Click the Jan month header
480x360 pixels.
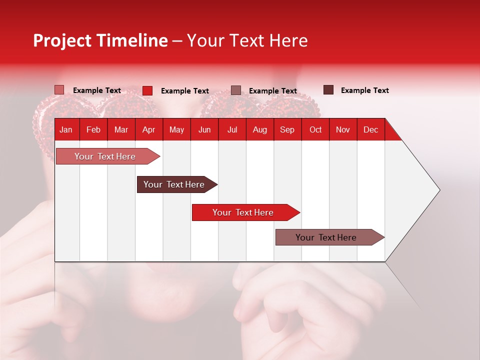click(x=66, y=129)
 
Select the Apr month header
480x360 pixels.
click(x=148, y=129)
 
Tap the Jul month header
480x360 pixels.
click(x=232, y=129)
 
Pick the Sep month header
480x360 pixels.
click(x=287, y=129)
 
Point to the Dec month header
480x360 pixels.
click(x=370, y=129)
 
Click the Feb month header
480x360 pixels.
click(x=93, y=129)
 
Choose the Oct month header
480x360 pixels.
click(x=315, y=129)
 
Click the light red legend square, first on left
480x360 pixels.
click(x=59, y=90)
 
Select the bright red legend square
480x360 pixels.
click(x=147, y=90)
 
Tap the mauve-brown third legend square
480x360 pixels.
click(x=236, y=90)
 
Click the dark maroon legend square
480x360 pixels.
click(x=328, y=90)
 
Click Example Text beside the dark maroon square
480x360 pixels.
click(x=364, y=90)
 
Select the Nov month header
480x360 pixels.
click(x=343, y=129)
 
